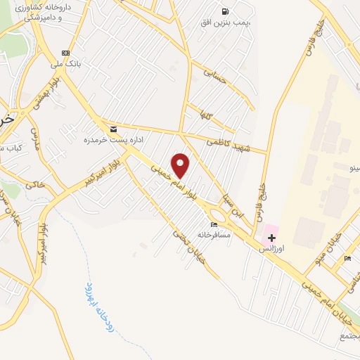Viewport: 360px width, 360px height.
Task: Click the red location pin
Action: [181, 165]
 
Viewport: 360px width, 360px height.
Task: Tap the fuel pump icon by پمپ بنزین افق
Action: [225, 11]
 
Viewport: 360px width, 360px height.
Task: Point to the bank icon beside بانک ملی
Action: [65, 53]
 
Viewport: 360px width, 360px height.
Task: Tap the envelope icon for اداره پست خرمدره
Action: [113, 129]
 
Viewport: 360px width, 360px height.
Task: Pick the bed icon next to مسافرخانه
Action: [214, 224]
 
